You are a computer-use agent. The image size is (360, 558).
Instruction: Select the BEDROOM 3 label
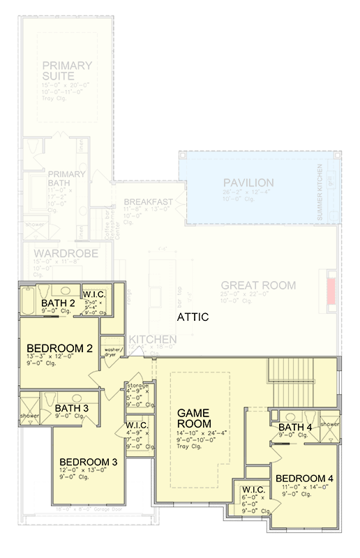pos(88,462)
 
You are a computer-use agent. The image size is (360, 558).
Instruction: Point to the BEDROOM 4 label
pos(305,478)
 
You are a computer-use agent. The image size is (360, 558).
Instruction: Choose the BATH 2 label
pos(59,303)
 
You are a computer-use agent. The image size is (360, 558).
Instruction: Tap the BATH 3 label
pos(72,408)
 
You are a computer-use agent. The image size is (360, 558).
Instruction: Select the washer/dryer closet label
pos(112,352)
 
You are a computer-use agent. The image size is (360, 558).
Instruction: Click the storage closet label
pos(137,385)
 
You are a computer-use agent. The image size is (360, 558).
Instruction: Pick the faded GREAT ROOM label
pos(258,285)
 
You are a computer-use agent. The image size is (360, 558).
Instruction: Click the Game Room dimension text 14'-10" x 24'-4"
pos(191,433)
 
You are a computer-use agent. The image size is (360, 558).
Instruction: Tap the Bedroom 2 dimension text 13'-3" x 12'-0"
pos(54,356)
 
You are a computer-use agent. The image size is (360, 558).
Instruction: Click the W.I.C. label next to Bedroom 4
pos(253,490)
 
